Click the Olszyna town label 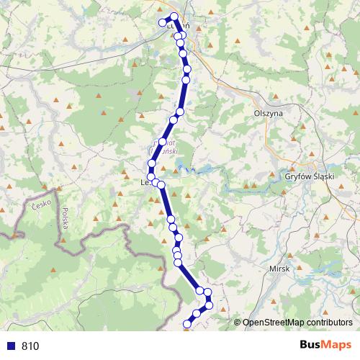269,113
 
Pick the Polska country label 65,218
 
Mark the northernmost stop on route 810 174,16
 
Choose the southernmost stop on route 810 187,325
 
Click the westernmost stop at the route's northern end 162,22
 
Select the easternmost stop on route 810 210,306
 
